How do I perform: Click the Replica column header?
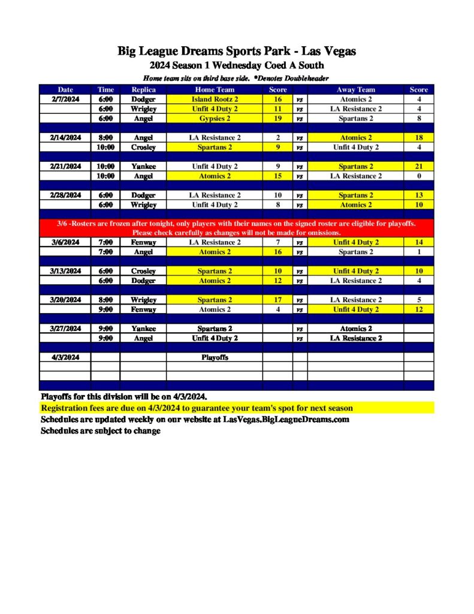point(143,90)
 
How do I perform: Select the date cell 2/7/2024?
point(65,100)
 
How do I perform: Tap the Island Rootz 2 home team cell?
point(215,100)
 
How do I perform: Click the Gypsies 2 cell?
point(215,119)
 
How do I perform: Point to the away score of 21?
point(419,167)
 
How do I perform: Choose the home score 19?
point(277,119)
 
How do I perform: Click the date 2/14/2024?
point(65,138)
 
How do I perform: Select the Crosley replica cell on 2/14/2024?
point(143,148)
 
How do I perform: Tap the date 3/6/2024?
point(65,242)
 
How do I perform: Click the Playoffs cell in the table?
point(215,357)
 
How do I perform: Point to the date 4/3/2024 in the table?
point(65,357)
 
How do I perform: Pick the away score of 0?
point(419,176)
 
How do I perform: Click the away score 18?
point(419,138)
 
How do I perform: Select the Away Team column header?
point(355,90)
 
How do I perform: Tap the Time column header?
point(105,90)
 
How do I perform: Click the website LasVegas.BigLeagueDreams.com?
point(286,420)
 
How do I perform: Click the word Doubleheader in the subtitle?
point(304,79)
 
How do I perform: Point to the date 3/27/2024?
point(65,329)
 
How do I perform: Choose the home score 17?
point(277,300)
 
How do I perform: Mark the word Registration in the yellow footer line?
point(64,408)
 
